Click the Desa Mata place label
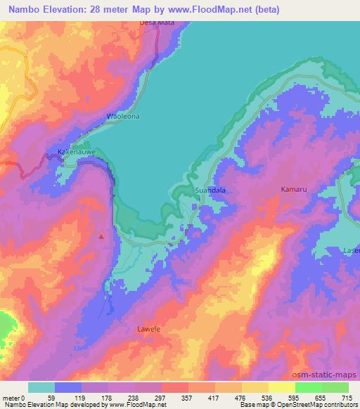157,22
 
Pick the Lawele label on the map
148,328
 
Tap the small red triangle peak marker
101,236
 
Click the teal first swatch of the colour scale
41,387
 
